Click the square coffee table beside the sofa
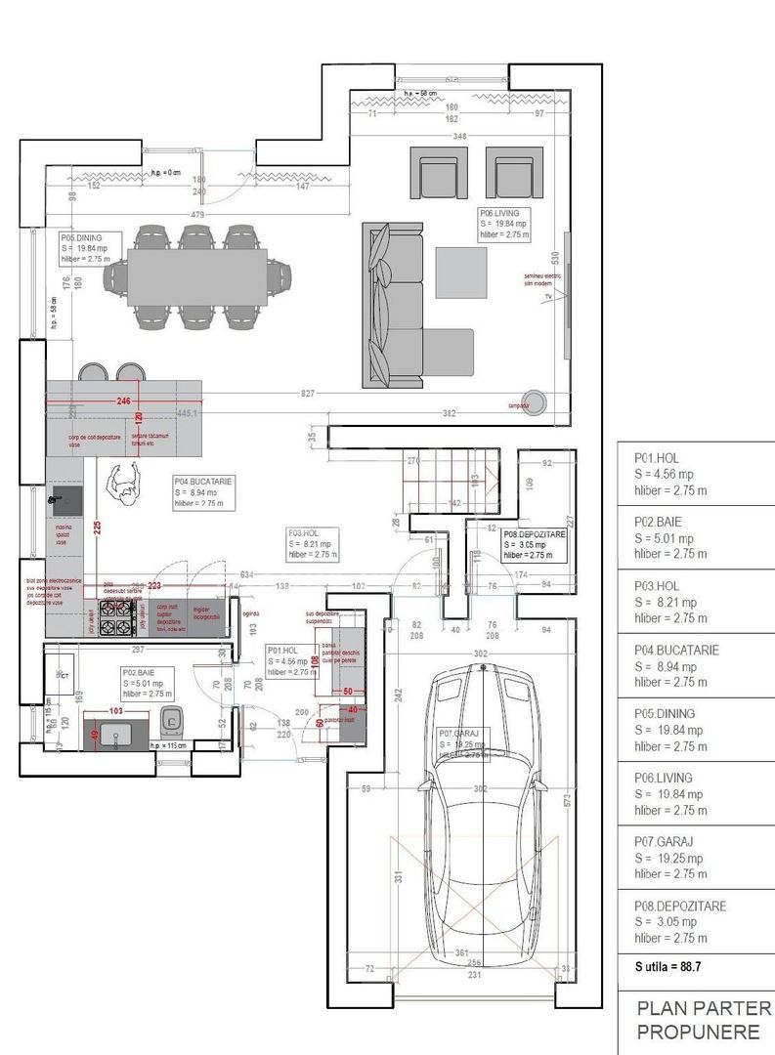click(x=461, y=273)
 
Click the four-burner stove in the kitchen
click(x=118, y=617)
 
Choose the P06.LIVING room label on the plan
click(x=504, y=211)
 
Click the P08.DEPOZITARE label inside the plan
click(x=533, y=534)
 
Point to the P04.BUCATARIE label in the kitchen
click(x=199, y=482)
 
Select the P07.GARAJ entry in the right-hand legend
click(x=663, y=841)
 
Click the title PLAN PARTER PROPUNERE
click(x=704, y=1020)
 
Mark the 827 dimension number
click(x=308, y=393)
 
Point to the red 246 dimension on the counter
click(x=123, y=401)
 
